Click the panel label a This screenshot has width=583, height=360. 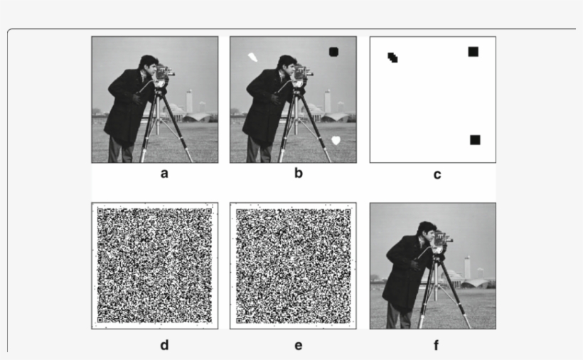tap(164, 174)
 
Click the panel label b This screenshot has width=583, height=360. tap(298, 174)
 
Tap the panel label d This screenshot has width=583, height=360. tap(164, 345)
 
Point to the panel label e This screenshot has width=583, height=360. tap(298, 345)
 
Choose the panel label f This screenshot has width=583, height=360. tap(436, 346)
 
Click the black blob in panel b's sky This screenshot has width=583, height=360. tap(334, 51)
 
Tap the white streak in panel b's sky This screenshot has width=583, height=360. tap(252, 58)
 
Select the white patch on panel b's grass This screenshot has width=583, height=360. tap(336, 140)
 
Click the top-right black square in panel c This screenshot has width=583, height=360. tap(473, 51)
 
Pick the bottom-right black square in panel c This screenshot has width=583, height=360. tap(475, 139)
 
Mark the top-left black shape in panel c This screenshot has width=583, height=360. tap(392, 57)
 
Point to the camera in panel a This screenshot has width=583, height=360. tap(164, 73)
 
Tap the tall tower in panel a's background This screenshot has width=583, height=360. tap(189, 100)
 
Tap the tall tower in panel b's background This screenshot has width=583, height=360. tap(328, 100)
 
